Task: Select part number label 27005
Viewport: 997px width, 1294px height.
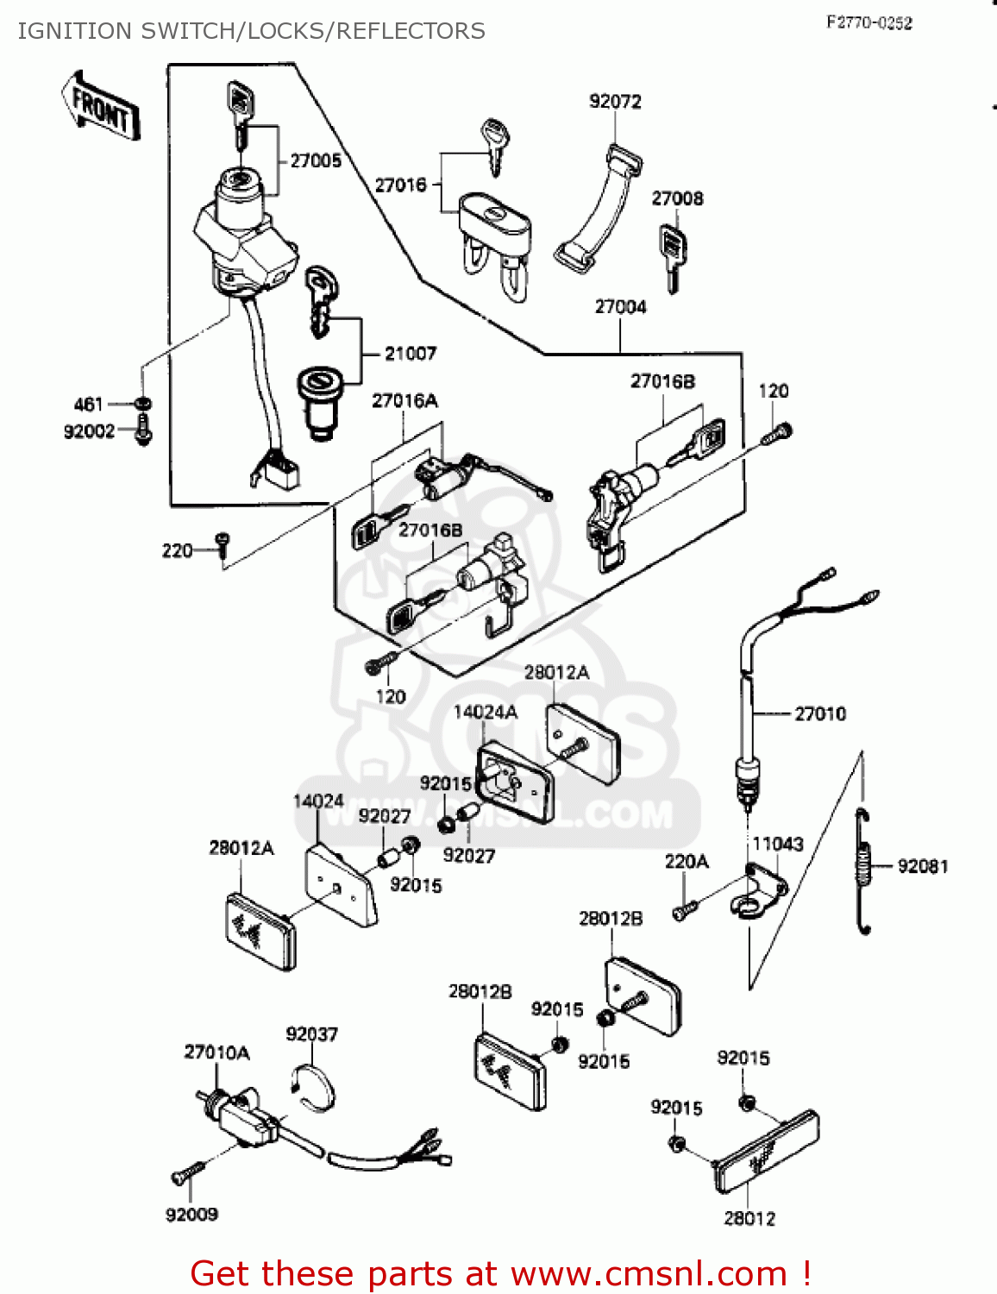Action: (x=316, y=160)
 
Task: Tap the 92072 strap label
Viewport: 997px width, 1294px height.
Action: (x=615, y=102)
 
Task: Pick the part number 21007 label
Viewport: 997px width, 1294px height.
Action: (x=411, y=354)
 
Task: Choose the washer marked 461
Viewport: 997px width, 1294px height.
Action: (x=143, y=404)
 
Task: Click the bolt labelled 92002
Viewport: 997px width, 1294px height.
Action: (x=143, y=430)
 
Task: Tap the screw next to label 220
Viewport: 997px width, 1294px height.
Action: (x=223, y=544)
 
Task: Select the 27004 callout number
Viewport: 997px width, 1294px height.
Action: (x=620, y=307)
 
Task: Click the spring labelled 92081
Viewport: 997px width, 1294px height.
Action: (x=864, y=870)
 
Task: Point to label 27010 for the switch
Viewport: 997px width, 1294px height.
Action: (x=820, y=714)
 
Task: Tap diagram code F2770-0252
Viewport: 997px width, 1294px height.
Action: (x=868, y=23)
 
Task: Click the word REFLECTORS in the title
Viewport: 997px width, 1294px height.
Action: (x=411, y=31)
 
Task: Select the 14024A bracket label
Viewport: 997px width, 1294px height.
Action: (x=486, y=712)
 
